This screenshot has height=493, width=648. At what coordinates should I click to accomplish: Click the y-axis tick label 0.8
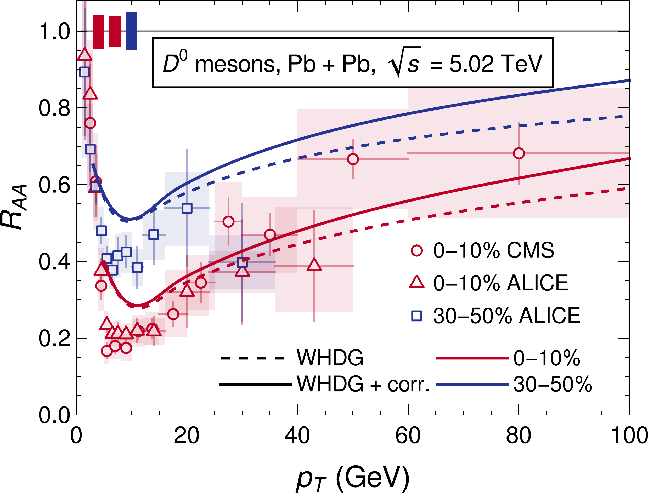[54, 108]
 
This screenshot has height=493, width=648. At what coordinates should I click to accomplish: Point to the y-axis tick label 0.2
[54, 338]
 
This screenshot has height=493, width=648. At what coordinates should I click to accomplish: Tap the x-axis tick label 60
[408, 436]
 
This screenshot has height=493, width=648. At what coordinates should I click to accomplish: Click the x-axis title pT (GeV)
[352, 478]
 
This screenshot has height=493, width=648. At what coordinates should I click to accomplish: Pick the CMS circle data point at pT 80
[519, 153]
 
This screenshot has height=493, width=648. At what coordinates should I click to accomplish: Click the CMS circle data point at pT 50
[353, 159]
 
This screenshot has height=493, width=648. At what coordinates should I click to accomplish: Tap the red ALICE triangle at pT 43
[314, 265]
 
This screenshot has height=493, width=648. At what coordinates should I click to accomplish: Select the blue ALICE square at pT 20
[187, 208]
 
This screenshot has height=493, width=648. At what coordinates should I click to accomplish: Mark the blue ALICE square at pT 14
[154, 235]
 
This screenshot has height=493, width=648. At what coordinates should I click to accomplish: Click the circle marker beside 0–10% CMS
[417, 250]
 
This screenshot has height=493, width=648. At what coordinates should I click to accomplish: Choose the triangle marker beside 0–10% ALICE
[417, 282]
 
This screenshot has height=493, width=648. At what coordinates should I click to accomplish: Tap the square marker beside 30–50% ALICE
[417, 316]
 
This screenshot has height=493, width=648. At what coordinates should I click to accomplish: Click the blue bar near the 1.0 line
[132, 31]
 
